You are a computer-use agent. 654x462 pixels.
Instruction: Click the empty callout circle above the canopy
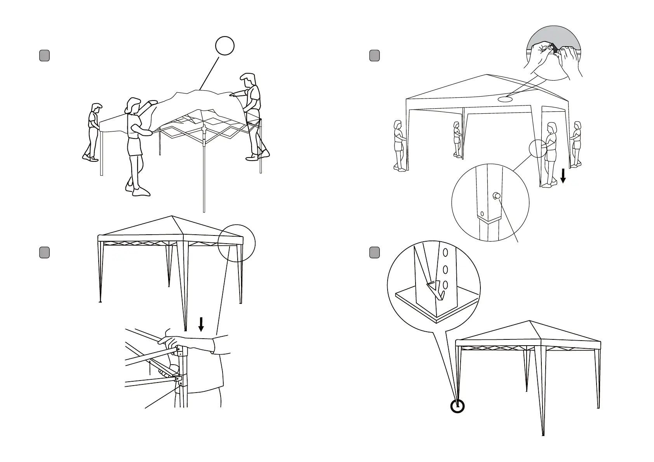[225, 46]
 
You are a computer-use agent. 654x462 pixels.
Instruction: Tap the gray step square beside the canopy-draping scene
[44, 56]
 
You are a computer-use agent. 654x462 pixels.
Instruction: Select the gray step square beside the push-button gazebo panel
[374, 56]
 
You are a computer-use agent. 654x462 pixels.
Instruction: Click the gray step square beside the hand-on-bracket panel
[44, 253]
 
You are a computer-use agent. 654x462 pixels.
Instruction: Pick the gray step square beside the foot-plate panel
[374, 253]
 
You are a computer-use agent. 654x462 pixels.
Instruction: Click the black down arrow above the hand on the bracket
[201, 324]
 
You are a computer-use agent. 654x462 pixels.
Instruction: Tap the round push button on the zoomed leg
[496, 196]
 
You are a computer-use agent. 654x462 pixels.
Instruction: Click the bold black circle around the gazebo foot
[457, 406]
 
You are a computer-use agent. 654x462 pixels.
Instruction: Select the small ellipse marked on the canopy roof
[505, 99]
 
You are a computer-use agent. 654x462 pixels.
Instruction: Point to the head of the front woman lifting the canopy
[132, 106]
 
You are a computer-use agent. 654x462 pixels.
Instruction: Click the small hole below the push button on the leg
[482, 214]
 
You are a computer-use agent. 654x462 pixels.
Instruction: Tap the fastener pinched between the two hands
[554, 49]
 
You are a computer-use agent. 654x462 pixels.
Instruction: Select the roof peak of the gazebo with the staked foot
[530, 321]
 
